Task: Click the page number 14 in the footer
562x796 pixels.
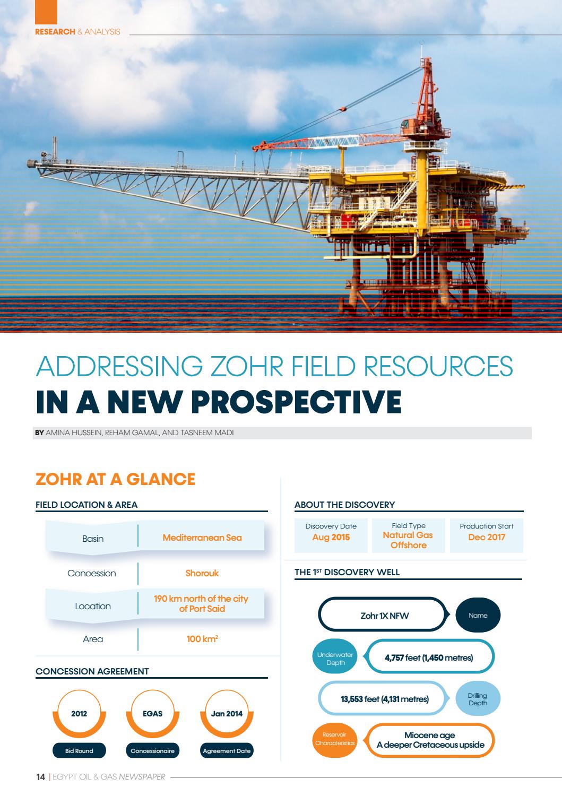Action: coord(40,777)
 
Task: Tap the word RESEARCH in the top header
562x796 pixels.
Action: coord(55,32)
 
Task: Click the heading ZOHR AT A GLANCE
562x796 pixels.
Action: coord(115,479)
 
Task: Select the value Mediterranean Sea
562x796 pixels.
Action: coord(202,538)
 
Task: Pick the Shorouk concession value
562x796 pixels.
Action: coord(202,573)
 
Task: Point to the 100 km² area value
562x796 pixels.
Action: coord(202,639)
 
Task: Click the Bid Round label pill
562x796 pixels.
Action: coord(79,751)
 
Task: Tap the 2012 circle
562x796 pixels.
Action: coord(79,714)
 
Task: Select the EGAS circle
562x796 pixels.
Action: coord(152,714)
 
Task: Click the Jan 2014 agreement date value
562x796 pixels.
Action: coord(227,714)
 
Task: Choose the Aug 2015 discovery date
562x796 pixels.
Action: coord(331,537)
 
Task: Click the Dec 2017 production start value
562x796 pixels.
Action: coord(487,537)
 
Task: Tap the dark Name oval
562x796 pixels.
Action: coord(478,616)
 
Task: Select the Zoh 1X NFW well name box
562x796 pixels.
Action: coord(384,616)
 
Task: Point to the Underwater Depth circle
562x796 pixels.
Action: coord(335,658)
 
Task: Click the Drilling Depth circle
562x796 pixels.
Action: coord(478,699)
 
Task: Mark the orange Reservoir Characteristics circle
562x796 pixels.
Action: coord(335,739)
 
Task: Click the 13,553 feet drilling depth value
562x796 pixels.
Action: coord(384,699)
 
